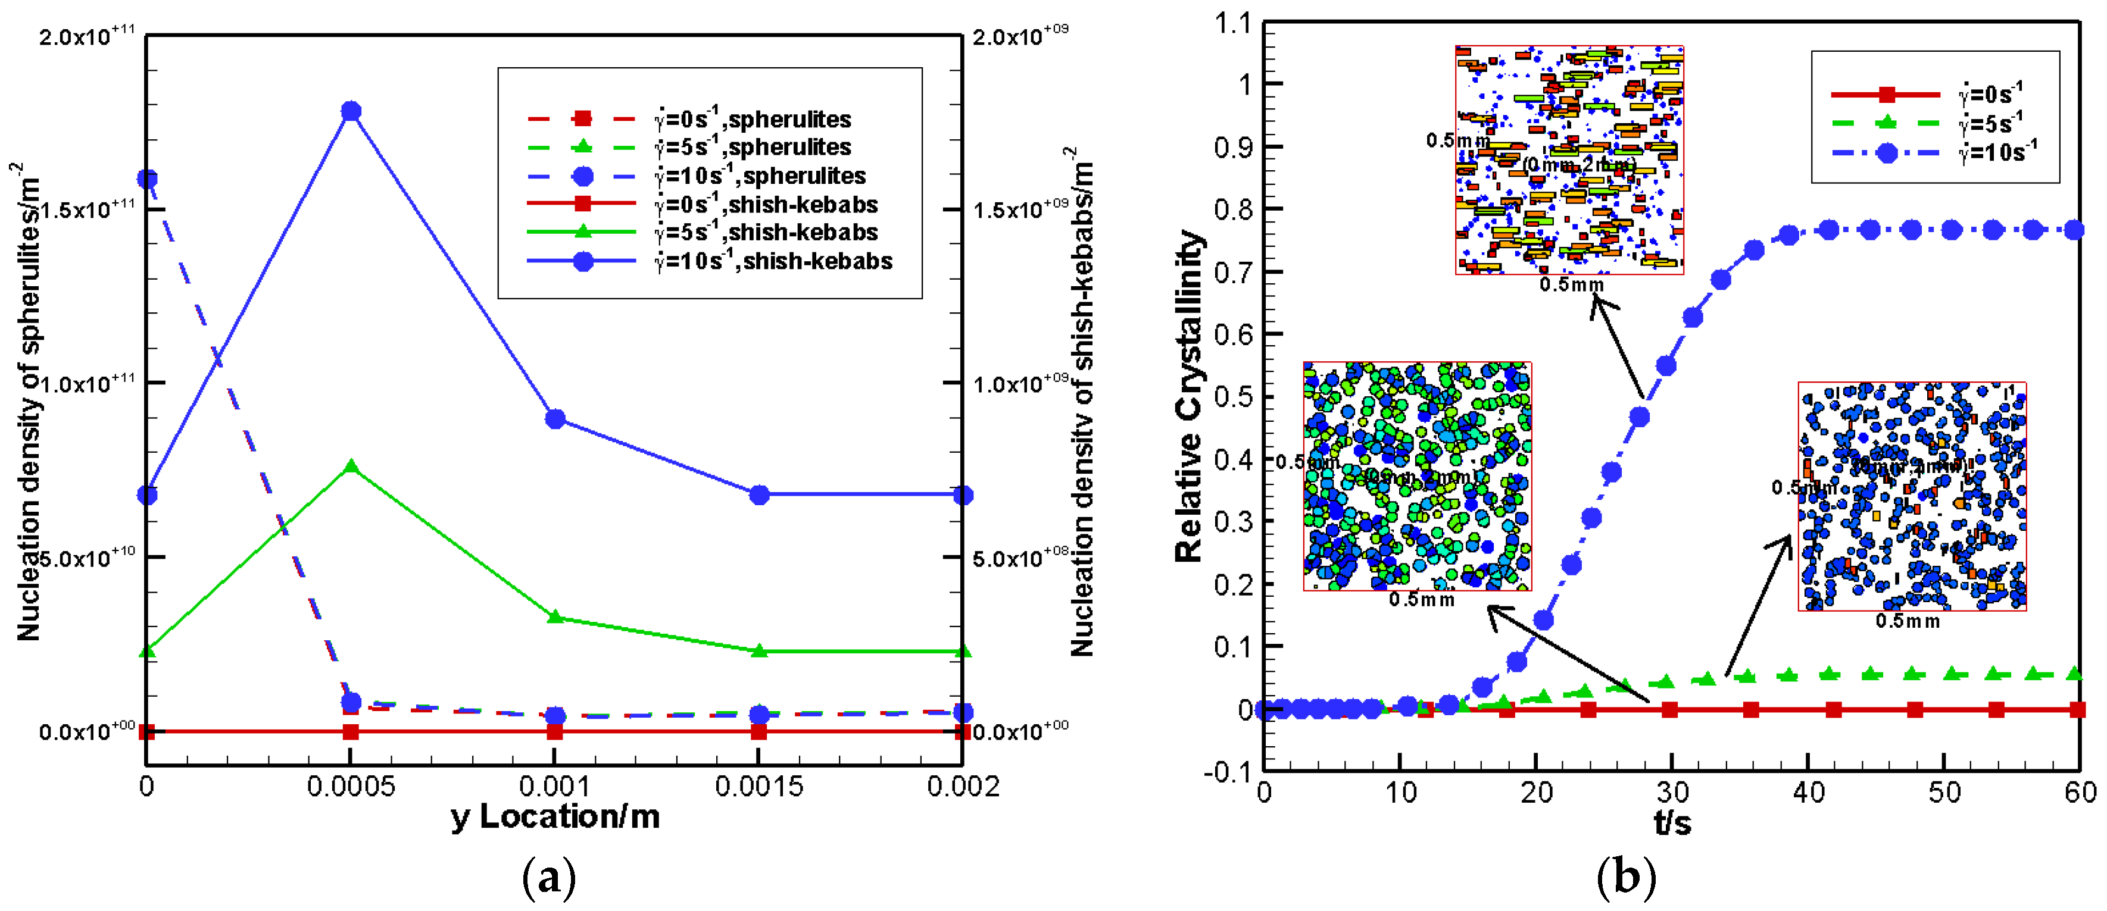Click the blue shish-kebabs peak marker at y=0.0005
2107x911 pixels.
(351, 111)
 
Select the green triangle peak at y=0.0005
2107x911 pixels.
(351, 466)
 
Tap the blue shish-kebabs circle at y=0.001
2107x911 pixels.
(555, 419)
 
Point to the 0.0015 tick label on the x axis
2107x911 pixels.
(758, 787)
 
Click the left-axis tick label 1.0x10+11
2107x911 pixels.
(88, 383)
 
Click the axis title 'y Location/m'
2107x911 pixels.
(555, 817)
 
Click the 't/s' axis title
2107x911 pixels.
(1672, 821)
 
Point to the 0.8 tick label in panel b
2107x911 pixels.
(1234, 209)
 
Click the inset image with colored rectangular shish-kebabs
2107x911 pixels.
(1569, 160)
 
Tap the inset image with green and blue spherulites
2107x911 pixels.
(1416, 476)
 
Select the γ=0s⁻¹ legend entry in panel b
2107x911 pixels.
(1930, 95)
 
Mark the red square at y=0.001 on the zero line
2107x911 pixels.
(555, 731)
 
